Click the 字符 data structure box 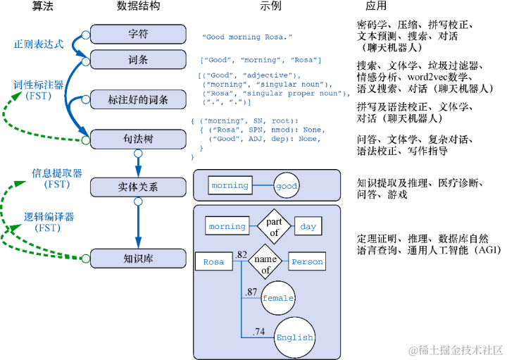(x=138, y=35)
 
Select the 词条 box (x=138, y=60)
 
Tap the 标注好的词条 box (x=138, y=99)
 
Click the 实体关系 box (x=138, y=187)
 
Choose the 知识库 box (x=138, y=259)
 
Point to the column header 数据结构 (x=138, y=6)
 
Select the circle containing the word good (x=287, y=186)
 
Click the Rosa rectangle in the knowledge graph (x=214, y=262)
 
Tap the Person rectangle (x=307, y=262)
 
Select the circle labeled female (x=277, y=298)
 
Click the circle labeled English (x=294, y=337)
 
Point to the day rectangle (x=308, y=227)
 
